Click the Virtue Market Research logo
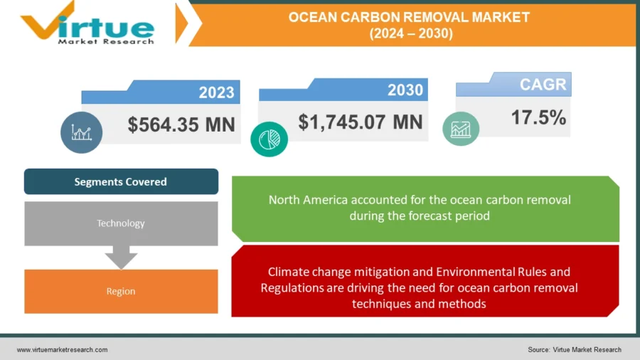pyautogui.click(x=87, y=23)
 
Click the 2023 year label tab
pyautogui.click(x=161, y=92)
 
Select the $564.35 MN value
pyautogui.click(x=181, y=125)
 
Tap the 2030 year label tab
pyautogui.click(x=343, y=90)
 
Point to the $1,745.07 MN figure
pyautogui.click(x=361, y=122)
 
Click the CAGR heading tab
pyautogui.click(x=513, y=84)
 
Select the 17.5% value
pyautogui.click(x=538, y=117)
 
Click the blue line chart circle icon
pyautogui.click(x=81, y=132)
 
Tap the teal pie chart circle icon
pyautogui.click(x=269, y=139)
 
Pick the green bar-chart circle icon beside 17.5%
pyautogui.click(x=461, y=129)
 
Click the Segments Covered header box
pyautogui.click(x=121, y=181)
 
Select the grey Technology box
pyautogui.click(x=121, y=223)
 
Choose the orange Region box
pyautogui.click(x=121, y=292)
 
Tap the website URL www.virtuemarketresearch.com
pyautogui.click(x=62, y=350)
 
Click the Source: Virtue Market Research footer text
pyautogui.click(x=575, y=350)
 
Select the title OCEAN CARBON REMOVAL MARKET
pyautogui.click(x=409, y=17)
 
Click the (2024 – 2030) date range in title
pyautogui.click(x=411, y=33)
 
